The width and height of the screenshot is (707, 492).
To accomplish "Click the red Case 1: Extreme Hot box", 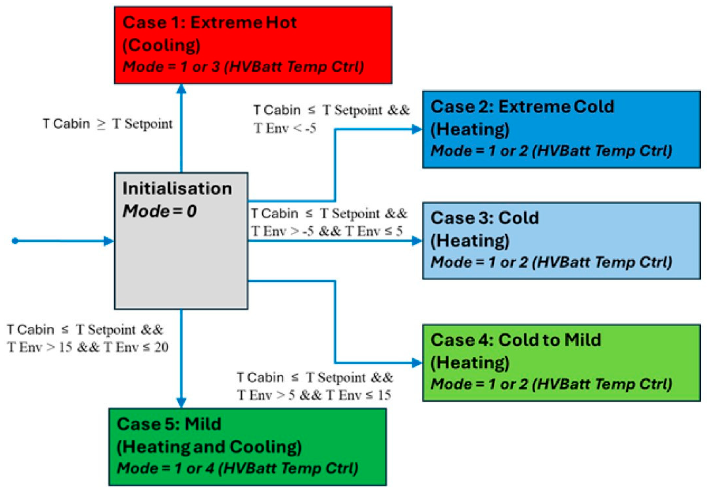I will pyautogui.click(x=253, y=45).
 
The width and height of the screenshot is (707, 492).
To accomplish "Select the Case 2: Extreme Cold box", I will pyautogui.click(x=561, y=129).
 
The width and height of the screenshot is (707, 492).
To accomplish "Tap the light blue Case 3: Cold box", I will pyautogui.click(x=561, y=241).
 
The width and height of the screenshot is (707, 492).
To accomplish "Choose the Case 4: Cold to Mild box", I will pyautogui.click(x=561, y=363).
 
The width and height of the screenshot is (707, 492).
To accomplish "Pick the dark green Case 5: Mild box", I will pyautogui.click(x=248, y=447).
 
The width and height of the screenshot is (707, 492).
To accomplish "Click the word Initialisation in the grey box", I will pyautogui.click(x=177, y=189).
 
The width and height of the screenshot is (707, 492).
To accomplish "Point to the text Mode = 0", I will pyautogui.click(x=160, y=211).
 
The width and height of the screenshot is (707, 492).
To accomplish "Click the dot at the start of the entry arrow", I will pyautogui.click(x=15, y=241).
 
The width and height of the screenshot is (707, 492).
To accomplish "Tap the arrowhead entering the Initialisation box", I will pyautogui.click(x=109, y=241).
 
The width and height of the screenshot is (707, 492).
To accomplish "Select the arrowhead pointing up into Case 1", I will pyautogui.click(x=181, y=89).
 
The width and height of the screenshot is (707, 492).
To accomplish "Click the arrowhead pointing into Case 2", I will pyautogui.click(x=417, y=129).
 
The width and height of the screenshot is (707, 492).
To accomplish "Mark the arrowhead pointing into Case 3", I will pyautogui.click(x=417, y=241).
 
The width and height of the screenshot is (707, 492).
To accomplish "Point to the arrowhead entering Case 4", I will pyautogui.click(x=417, y=363).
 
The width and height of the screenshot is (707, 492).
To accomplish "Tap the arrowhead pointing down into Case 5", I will pyautogui.click(x=181, y=402).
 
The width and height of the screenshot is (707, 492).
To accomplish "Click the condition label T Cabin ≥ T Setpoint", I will pyautogui.click(x=108, y=124).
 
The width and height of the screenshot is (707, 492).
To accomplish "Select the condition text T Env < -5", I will pyautogui.click(x=285, y=128).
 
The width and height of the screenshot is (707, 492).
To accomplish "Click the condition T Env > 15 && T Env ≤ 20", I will pyautogui.click(x=88, y=347).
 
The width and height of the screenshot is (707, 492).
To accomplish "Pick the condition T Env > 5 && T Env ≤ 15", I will pyautogui.click(x=314, y=395).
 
